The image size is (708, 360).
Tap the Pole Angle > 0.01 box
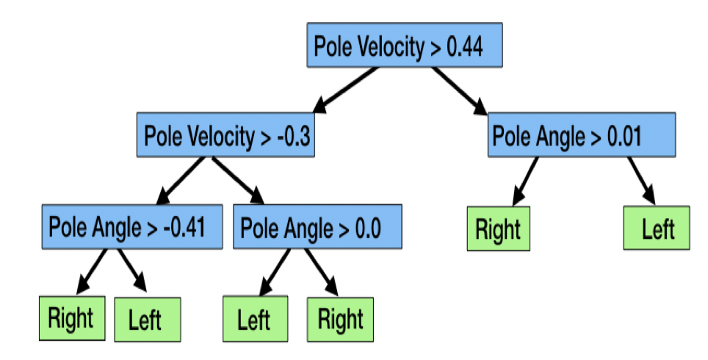(x=581, y=135)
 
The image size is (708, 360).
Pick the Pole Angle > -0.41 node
(x=131, y=227)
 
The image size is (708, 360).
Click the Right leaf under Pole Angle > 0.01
(x=497, y=228)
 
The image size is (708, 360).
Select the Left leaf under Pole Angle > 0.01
(x=657, y=228)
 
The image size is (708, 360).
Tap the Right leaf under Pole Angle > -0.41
(x=71, y=319)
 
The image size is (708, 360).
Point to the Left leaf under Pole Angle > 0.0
(x=255, y=320)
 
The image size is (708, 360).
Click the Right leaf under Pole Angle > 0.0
(x=341, y=319)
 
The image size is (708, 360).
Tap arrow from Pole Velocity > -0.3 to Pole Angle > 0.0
(x=240, y=180)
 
